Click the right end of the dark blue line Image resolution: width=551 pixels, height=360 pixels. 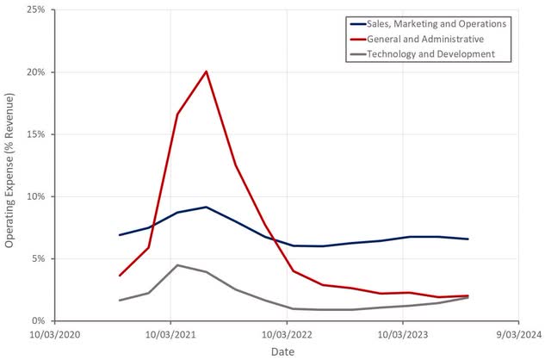pyautogui.click(x=467, y=239)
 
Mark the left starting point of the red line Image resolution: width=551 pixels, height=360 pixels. pyautogui.click(x=120, y=276)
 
